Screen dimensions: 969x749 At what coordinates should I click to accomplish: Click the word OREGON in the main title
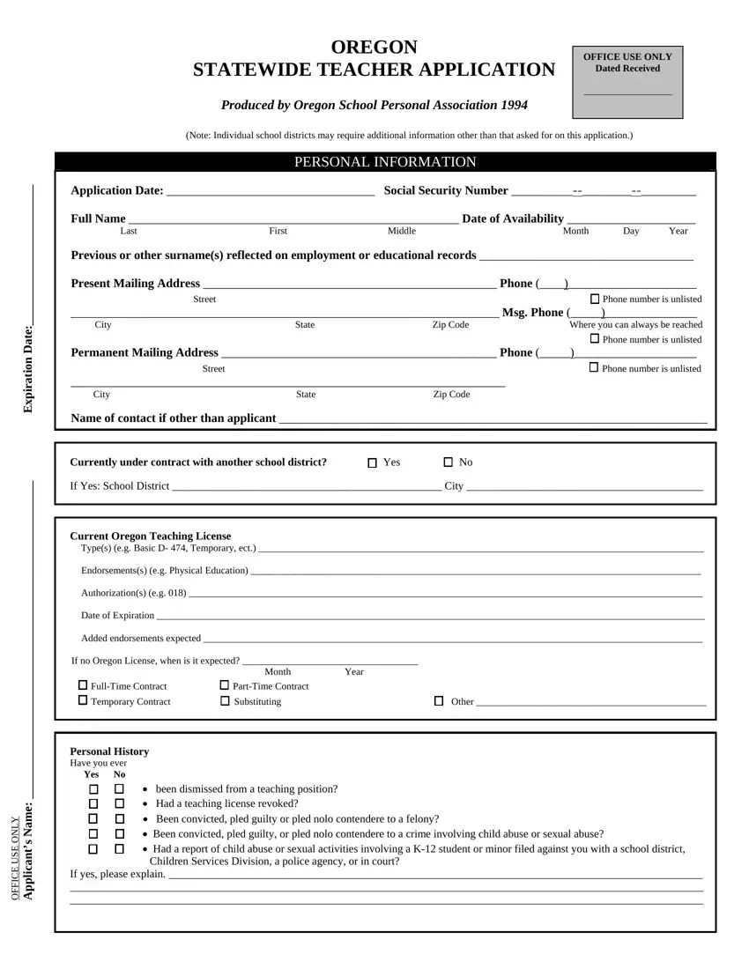(374, 47)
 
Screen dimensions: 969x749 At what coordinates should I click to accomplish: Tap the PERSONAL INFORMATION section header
(384, 162)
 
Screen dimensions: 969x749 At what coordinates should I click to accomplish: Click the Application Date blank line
(270, 192)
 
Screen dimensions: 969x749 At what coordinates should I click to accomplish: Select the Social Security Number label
(446, 191)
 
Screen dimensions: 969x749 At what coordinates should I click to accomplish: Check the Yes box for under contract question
(372, 463)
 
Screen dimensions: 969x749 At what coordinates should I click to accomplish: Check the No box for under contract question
(448, 462)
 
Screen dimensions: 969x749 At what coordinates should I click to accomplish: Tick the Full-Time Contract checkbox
(83, 685)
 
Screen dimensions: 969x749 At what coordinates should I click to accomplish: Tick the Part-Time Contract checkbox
(224, 685)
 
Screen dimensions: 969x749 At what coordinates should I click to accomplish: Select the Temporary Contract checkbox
(83, 701)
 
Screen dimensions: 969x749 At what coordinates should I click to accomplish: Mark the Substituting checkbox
(224, 701)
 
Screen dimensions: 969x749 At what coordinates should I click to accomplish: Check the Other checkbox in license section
(438, 701)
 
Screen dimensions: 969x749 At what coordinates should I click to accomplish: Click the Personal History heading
(109, 751)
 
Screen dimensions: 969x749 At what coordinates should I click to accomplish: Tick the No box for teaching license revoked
(119, 804)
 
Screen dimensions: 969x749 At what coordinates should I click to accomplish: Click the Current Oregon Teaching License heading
(151, 536)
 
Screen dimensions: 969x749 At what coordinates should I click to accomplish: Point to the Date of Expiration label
(117, 615)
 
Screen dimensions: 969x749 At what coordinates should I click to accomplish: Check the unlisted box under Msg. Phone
(594, 339)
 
